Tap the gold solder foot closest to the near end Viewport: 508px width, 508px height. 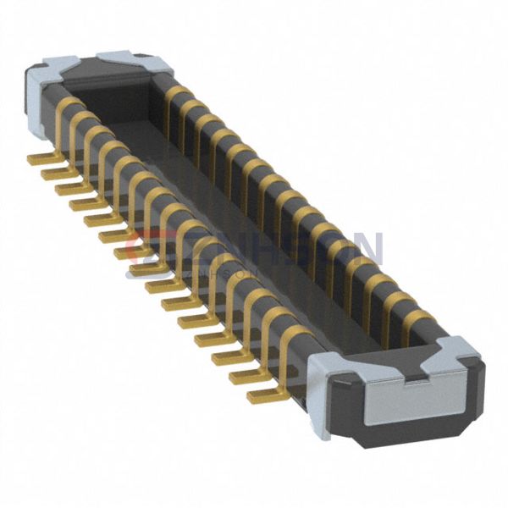[262, 395]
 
